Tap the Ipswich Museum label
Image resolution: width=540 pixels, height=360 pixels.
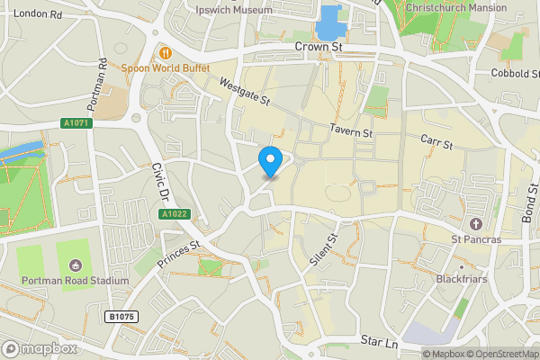pos(234,10)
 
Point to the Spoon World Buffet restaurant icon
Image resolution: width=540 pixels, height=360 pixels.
pos(166,51)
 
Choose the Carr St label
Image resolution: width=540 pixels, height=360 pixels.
pos(436,141)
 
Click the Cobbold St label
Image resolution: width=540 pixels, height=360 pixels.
pos(514,73)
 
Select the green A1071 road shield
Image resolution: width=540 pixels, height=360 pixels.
pos(77,123)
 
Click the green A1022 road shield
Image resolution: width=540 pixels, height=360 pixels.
pos(174,214)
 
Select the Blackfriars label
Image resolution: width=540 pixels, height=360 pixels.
pos(462,279)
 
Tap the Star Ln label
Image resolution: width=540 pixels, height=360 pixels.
pos(378,342)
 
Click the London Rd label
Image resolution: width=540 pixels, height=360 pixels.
pos(38,14)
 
